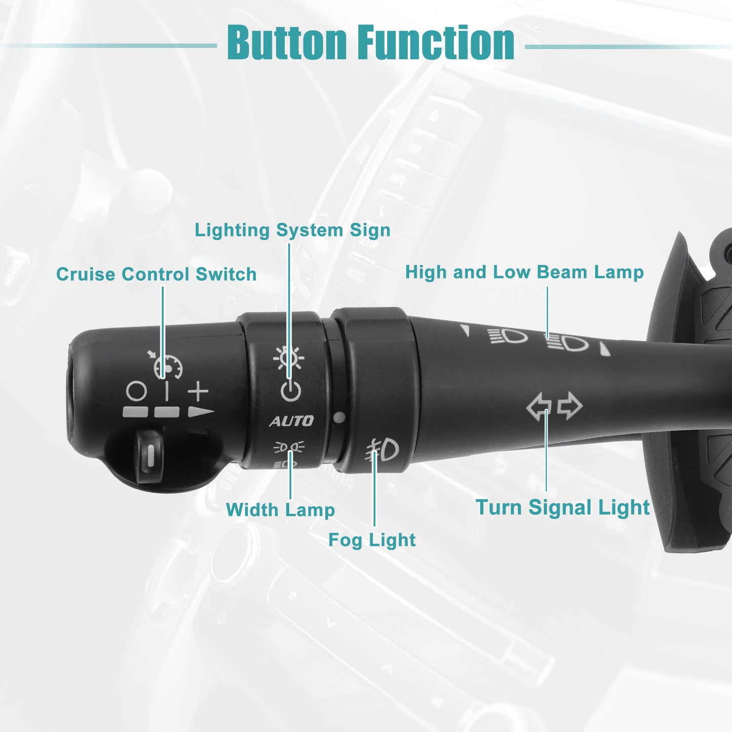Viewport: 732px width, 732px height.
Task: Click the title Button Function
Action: (370, 42)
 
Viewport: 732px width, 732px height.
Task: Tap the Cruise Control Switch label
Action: (156, 274)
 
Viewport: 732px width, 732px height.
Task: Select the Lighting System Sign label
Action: (292, 230)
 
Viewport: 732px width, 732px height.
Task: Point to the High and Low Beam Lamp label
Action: (525, 273)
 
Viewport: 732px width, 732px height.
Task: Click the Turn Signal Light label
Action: (563, 507)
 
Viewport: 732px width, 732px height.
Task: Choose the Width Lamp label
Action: (280, 510)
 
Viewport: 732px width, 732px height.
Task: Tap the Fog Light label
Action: (372, 540)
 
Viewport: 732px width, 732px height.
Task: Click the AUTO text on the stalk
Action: (291, 420)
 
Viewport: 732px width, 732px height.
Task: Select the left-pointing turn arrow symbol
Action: (539, 407)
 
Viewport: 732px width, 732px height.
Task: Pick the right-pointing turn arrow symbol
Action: (570, 406)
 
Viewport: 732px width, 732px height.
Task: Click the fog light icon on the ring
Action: (382, 450)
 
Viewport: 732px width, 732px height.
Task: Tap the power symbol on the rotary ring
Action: (291, 391)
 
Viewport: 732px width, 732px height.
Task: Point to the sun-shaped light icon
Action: (289, 358)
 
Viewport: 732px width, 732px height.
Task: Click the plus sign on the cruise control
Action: (198, 391)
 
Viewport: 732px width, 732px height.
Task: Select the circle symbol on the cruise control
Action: (136, 391)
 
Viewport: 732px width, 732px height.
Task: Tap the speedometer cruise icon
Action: (166, 365)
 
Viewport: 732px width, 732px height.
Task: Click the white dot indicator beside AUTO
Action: (339, 417)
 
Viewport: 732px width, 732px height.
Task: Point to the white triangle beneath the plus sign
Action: (201, 412)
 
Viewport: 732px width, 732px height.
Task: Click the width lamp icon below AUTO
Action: (289, 447)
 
